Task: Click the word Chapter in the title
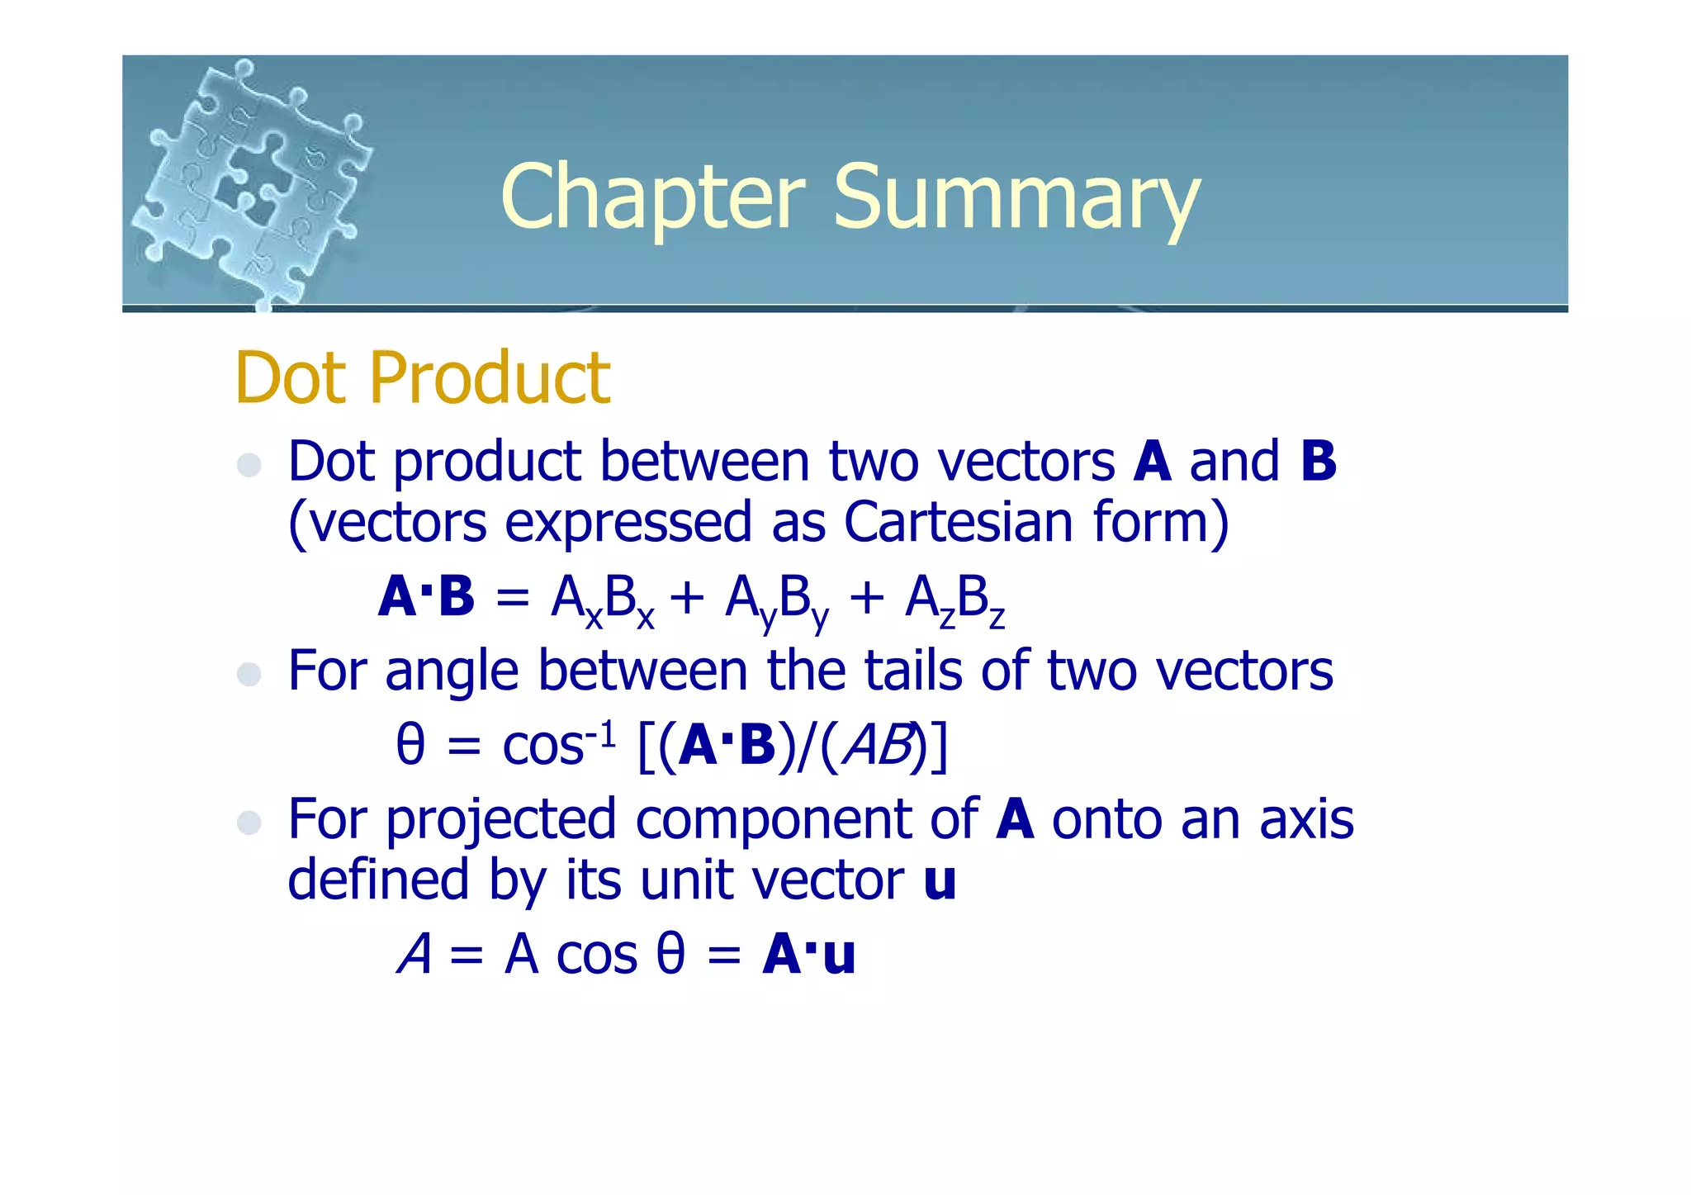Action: pyautogui.click(x=652, y=198)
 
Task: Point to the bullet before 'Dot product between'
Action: pyautogui.click(x=249, y=465)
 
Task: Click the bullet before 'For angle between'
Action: pyautogui.click(x=249, y=674)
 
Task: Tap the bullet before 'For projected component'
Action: pyautogui.click(x=249, y=823)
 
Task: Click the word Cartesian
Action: pyautogui.click(x=959, y=522)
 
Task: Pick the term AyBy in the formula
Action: pyautogui.click(x=776, y=599)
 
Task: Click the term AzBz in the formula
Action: pyautogui.click(x=954, y=599)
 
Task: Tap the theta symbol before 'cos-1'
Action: pyautogui.click(x=410, y=744)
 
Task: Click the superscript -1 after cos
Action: pyautogui.click(x=600, y=732)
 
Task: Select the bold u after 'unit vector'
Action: pyautogui.click(x=940, y=880)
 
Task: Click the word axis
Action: pyautogui.click(x=1306, y=819)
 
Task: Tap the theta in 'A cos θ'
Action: pyautogui.click(x=670, y=955)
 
